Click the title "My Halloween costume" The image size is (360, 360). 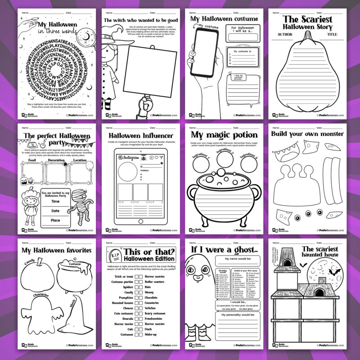[224, 19]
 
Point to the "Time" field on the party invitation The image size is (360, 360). [55, 202]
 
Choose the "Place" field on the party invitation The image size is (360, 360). [55, 220]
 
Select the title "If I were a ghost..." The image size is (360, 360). [224, 249]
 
